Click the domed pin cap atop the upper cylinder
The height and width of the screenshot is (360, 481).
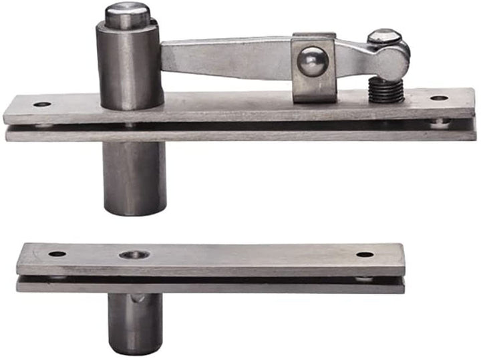(127, 13)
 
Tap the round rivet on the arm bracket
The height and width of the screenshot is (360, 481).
(312, 62)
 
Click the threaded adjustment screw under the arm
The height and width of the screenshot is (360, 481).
(387, 91)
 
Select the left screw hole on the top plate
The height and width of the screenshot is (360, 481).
(42, 104)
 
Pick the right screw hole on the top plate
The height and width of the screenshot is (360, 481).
(439, 98)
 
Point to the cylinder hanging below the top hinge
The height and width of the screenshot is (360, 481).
(134, 177)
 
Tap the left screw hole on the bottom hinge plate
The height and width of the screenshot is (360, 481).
(57, 254)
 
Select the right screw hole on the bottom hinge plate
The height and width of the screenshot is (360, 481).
(365, 254)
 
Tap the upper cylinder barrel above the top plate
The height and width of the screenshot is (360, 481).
(129, 67)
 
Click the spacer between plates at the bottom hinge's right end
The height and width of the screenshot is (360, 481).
(365, 278)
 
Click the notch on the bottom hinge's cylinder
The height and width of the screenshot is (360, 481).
(136, 300)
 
